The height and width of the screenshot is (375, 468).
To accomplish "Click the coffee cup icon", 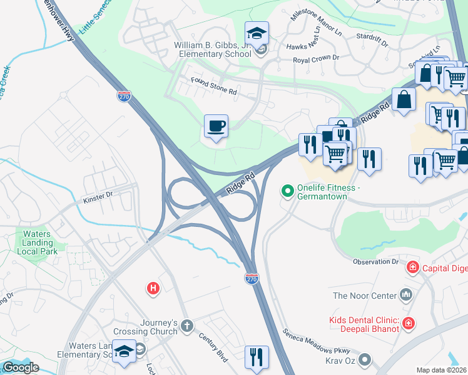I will click(x=216, y=127).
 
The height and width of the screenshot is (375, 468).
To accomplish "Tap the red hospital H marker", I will click(x=152, y=288).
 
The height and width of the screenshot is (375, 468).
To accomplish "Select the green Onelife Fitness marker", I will click(x=288, y=190).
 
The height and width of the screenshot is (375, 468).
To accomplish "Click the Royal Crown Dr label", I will click(x=317, y=59).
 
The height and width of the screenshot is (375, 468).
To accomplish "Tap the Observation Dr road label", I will click(x=375, y=261).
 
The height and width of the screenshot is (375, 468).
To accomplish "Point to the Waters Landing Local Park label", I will click(x=41, y=242).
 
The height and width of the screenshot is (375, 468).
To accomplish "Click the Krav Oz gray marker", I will click(x=365, y=359).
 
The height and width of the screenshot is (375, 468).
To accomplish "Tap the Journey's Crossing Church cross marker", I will click(x=186, y=326).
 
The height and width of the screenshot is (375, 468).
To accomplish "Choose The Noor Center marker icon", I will click(x=406, y=294).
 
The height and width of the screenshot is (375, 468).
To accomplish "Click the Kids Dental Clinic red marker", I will click(x=408, y=323).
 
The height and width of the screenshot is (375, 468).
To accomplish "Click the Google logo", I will click(x=21, y=367).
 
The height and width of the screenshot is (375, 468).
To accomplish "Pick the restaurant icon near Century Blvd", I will click(x=257, y=357).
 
